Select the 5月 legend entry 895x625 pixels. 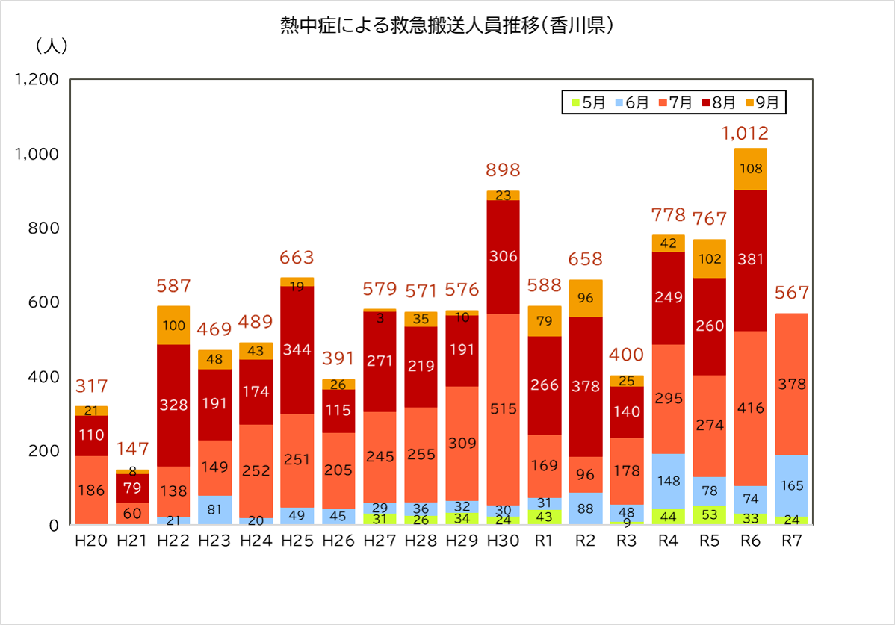(x=588, y=102)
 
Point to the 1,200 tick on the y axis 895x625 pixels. (x=37, y=80)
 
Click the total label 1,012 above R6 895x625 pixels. (x=745, y=134)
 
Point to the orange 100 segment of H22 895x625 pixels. (x=173, y=326)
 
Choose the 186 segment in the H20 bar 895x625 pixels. (x=91, y=491)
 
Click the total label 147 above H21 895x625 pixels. (x=132, y=450)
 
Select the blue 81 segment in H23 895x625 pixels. (x=214, y=510)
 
